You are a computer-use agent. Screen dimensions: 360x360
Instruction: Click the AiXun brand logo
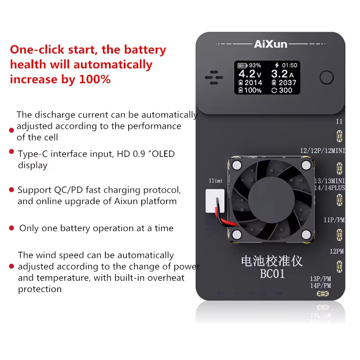click(270, 44)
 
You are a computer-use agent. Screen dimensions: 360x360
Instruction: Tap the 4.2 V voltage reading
click(250, 74)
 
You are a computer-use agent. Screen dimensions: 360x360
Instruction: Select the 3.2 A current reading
click(283, 74)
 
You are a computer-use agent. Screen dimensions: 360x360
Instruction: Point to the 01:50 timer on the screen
click(289, 65)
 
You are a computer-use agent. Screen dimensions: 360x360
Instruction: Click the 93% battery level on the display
click(255, 65)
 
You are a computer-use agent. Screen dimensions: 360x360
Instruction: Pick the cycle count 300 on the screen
click(285, 90)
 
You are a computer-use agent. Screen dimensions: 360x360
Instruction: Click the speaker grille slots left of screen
click(214, 77)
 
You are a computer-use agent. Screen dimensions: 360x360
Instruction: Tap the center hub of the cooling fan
click(271, 199)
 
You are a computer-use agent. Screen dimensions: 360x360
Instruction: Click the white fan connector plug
click(215, 201)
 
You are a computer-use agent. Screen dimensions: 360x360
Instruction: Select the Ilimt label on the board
click(216, 181)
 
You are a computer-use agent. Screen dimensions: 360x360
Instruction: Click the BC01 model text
click(272, 274)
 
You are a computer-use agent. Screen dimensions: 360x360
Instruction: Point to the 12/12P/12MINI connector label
click(323, 151)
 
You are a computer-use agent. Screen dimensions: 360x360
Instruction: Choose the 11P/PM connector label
click(334, 220)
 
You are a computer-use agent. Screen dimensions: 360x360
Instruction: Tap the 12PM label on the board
click(337, 252)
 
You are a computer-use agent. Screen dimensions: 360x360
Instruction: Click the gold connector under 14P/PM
click(323, 294)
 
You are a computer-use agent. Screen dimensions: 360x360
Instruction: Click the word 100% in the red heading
click(94, 80)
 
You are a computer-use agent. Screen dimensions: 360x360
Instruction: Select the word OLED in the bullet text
click(163, 154)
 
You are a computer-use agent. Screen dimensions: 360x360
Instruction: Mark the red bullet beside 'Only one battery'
click(12, 228)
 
